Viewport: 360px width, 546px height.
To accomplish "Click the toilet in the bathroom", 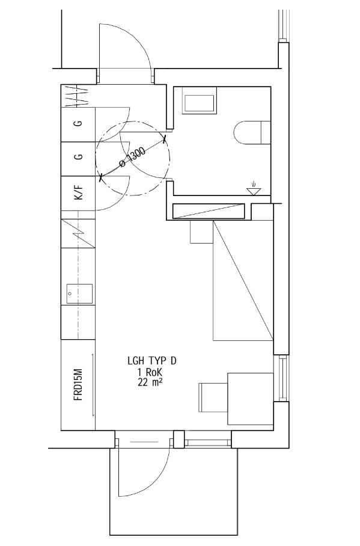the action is point(252,133).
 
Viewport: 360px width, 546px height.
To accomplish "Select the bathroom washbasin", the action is point(199,100).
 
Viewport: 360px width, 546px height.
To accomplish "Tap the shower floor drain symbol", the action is point(254,189).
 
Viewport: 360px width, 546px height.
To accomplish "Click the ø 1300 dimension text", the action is point(132,158).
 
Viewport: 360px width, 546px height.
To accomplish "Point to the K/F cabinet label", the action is point(79,192).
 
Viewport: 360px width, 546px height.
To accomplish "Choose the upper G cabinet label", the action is point(79,123).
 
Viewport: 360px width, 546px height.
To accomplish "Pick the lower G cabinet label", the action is point(79,157).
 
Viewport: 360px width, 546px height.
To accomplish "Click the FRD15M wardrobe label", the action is point(79,384).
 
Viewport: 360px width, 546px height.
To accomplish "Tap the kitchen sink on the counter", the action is point(80,294).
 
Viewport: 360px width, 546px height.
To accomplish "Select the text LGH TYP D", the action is point(152,361).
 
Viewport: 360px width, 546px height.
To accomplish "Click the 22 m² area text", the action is point(150,382).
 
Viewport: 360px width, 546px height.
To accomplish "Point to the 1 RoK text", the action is point(150,372).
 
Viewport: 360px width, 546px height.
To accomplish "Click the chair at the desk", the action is point(213,397).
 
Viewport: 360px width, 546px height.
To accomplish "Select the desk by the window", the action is point(251,399).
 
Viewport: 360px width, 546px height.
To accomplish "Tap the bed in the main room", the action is point(243,280).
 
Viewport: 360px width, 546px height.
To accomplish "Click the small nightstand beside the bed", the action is point(201,232).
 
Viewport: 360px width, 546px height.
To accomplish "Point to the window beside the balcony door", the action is point(207,443).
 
